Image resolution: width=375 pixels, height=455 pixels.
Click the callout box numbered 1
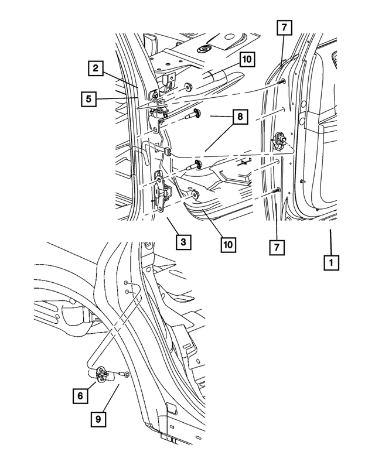click(332, 262)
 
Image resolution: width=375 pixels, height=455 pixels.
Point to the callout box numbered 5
click(88, 100)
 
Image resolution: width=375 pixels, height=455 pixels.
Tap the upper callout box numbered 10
click(246, 60)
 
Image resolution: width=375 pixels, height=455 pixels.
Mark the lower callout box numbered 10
click(227, 242)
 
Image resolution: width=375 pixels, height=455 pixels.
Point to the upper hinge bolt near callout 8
click(193, 115)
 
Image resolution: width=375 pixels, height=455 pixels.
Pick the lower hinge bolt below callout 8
click(194, 165)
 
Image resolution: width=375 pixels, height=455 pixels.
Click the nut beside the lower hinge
click(195, 194)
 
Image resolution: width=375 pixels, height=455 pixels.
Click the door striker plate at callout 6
click(101, 374)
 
